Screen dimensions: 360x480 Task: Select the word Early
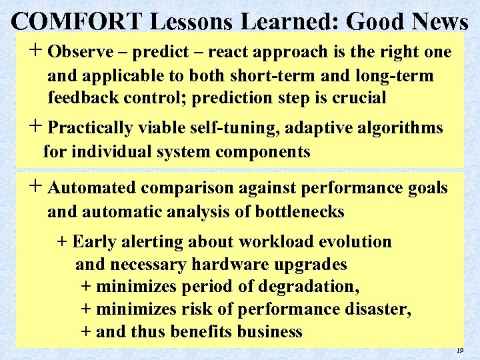click(94, 242)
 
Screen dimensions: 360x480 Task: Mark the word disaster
click(377, 310)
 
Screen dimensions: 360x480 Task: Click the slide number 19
click(459, 349)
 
